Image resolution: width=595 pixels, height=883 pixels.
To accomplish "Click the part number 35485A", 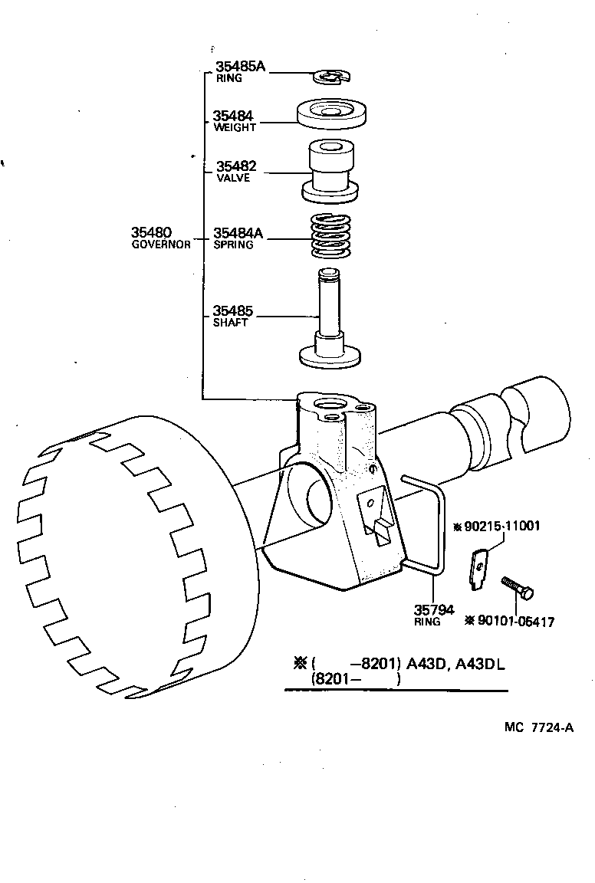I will pos(239,67).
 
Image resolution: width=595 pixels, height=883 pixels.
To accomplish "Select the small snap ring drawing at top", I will pos(330,77).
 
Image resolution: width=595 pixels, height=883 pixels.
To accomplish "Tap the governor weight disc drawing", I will pos(330,113).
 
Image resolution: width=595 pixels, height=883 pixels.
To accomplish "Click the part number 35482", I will pos(235,166).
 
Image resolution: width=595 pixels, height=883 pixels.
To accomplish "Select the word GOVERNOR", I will pos(161,245).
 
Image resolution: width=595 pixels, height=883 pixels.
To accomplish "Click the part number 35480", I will pos(151,232).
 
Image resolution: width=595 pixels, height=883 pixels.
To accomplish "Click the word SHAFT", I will pos(230,323).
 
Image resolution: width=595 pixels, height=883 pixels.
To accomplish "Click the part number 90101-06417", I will pos(515,622).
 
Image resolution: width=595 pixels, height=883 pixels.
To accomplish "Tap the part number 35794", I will pos(434,610).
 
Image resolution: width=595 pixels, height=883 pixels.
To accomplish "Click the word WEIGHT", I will pos(235,127).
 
